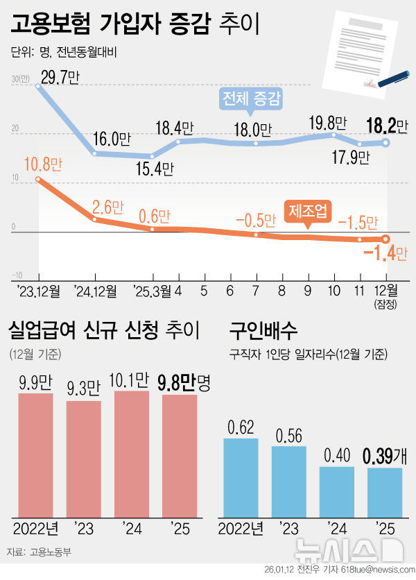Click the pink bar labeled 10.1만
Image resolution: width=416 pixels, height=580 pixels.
[x=131, y=453]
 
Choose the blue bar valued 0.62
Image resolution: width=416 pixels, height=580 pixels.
[x=241, y=477]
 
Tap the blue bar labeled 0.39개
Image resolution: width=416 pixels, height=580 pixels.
[x=385, y=493]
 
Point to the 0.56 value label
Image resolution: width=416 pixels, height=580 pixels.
[x=288, y=436]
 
